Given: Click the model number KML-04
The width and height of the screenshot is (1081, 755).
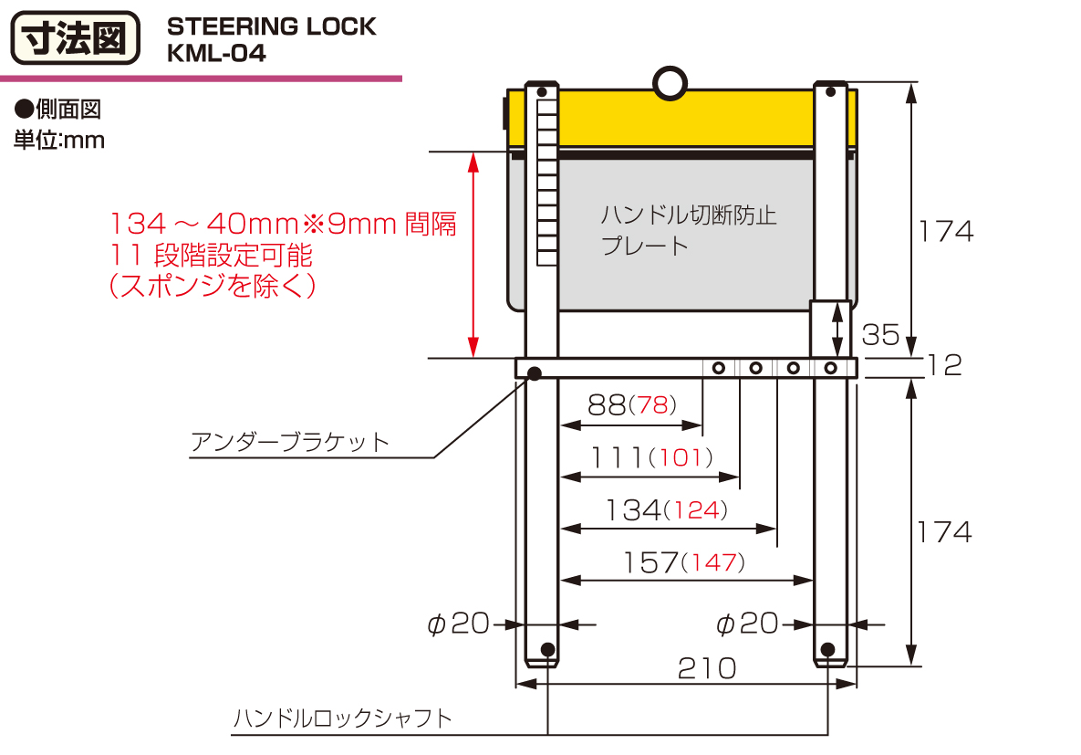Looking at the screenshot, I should coord(216,54).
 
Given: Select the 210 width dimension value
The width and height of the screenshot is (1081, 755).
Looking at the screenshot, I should coord(707,668).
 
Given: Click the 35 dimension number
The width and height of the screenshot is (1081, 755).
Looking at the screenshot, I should coord(880,335).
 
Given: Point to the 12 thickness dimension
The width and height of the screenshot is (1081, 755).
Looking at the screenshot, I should coord(945,365).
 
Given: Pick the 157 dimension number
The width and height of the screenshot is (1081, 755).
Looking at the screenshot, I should coord(650,562).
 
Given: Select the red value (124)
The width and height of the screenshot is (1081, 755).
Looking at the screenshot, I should coord(697,510).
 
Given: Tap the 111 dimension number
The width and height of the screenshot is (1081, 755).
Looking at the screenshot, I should coord(617,457).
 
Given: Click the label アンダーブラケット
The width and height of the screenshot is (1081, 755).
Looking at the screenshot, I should coord(290,443).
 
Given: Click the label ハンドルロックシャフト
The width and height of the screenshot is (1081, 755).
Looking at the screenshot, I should coord(342,718).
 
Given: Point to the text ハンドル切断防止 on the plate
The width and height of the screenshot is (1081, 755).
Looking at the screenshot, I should coord(689,216).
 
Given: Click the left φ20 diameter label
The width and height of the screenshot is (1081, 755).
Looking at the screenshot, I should coord(459,624).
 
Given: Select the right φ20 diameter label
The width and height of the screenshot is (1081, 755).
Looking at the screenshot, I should coord(747,624).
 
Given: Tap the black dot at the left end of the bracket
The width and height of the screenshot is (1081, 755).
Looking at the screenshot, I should coord(535,372).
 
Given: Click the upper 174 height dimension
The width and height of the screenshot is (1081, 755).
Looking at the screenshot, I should coord(945,231).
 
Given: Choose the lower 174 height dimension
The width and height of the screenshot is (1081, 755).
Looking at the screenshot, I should coord(945,531).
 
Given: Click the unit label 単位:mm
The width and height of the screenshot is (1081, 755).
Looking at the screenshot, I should coord(59,141).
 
